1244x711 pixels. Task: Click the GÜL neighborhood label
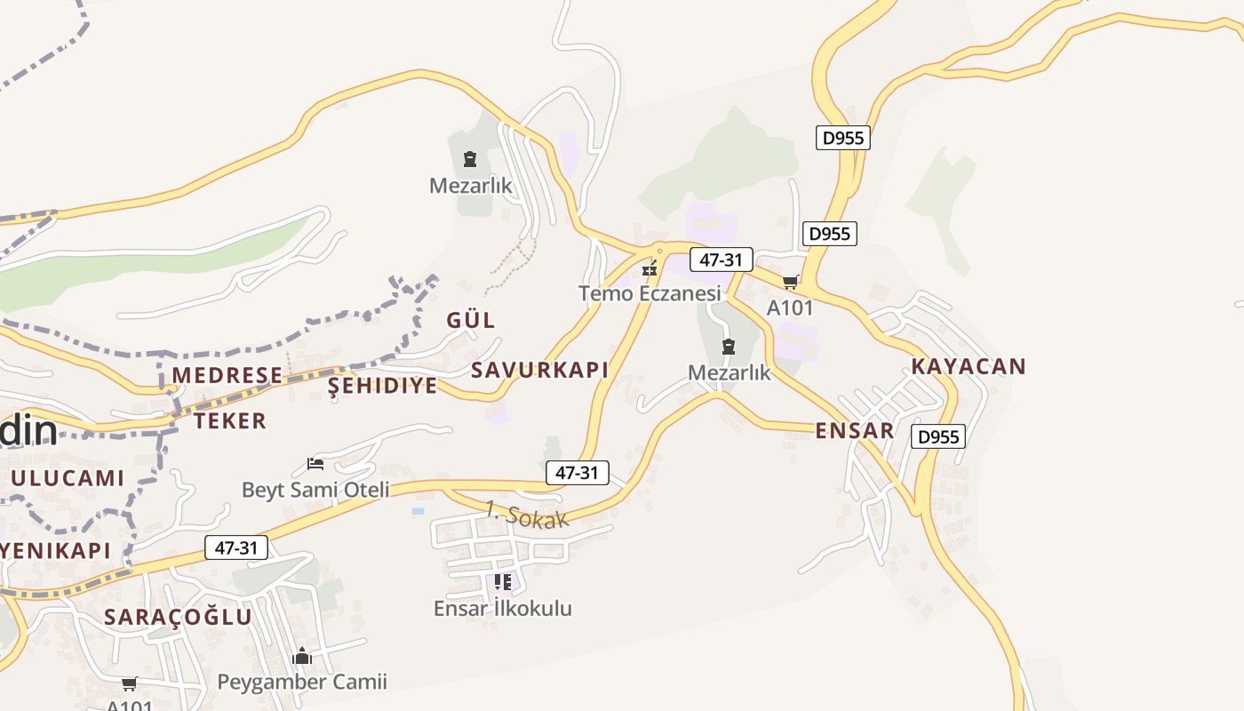pyautogui.click(x=471, y=320)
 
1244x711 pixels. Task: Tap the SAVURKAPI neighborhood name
pyautogui.click(x=539, y=370)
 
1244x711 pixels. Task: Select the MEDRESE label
pyautogui.click(x=227, y=375)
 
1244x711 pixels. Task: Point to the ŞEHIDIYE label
pyautogui.click(x=383, y=385)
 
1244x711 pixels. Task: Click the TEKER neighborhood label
pyautogui.click(x=230, y=420)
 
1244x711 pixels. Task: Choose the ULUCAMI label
pyautogui.click(x=68, y=478)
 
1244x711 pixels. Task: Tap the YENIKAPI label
pyautogui.click(x=55, y=550)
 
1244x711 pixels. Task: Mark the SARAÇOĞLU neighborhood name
pyautogui.click(x=178, y=617)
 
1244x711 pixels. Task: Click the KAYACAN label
pyautogui.click(x=969, y=366)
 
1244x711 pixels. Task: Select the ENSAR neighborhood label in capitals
pyautogui.click(x=855, y=431)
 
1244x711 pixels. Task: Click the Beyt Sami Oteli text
pyautogui.click(x=315, y=490)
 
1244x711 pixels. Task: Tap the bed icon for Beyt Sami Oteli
pyautogui.click(x=315, y=463)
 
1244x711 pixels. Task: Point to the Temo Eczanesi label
pyautogui.click(x=650, y=293)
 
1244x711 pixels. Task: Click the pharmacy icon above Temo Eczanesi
pyautogui.click(x=650, y=268)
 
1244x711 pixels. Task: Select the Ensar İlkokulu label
pyautogui.click(x=503, y=609)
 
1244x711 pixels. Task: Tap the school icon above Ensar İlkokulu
pyautogui.click(x=503, y=582)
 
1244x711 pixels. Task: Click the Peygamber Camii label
pyautogui.click(x=303, y=683)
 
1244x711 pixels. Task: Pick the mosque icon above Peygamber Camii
pyautogui.click(x=302, y=657)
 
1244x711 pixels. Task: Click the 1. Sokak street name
pyautogui.click(x=527, y=515)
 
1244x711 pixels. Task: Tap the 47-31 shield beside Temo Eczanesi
pyautogui.click(x=722, y=260)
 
